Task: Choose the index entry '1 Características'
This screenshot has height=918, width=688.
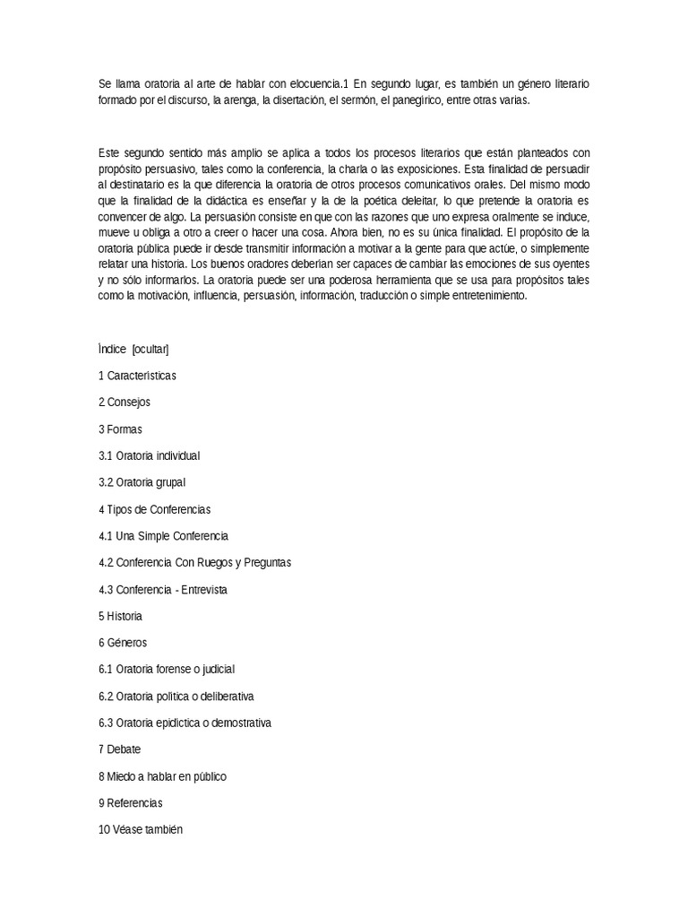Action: click(137, 376)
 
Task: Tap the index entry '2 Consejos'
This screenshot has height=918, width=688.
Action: click(125, 403)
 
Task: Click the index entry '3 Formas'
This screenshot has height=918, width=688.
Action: click(120, 429)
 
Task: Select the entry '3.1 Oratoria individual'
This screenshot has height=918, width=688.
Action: click(149, 455)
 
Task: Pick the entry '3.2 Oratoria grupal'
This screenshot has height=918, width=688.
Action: click(142, 482)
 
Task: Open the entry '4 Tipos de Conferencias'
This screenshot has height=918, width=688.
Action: click(154, 509)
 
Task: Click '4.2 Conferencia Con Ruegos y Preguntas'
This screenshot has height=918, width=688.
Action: click(194, 563)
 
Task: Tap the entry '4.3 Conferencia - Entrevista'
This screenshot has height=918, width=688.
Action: click(163, 590)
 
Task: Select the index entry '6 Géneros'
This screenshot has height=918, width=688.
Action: click(123, 643)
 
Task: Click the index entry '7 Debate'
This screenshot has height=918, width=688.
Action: click(120, 749)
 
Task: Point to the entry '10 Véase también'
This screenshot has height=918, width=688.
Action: click(140, 830)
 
